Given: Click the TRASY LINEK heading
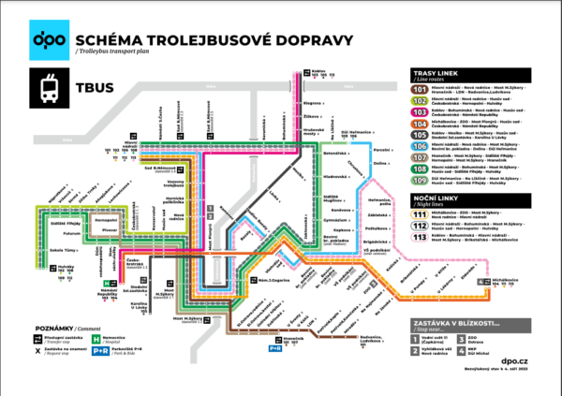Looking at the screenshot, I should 444,73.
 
